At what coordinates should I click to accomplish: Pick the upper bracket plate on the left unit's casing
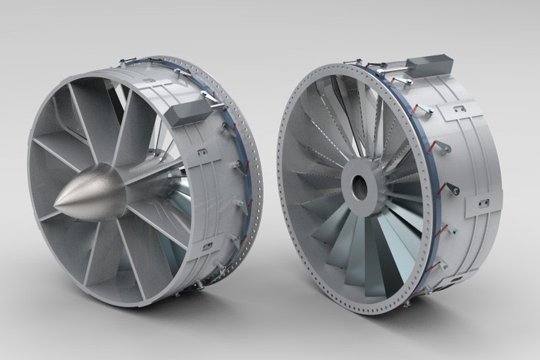coord(204,154)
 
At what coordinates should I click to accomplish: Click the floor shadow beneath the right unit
coord(430,315)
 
